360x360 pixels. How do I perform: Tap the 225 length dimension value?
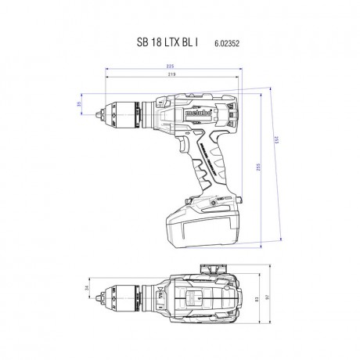click(171, 67)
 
